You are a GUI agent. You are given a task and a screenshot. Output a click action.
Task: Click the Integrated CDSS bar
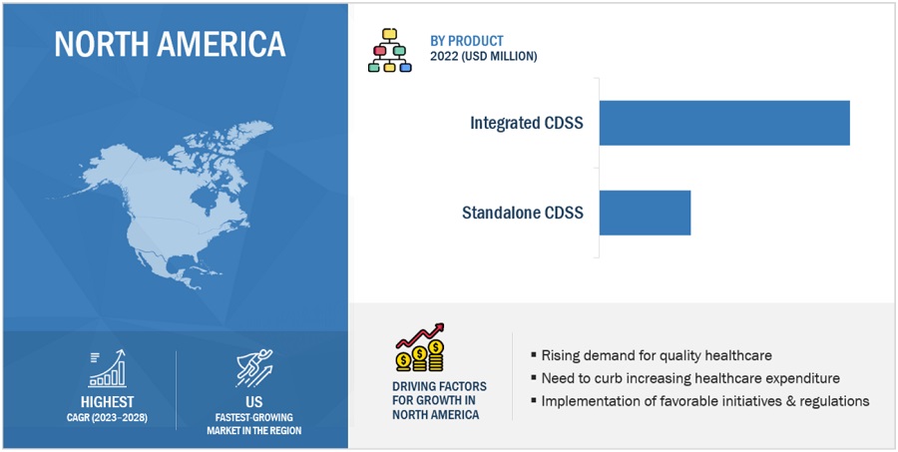724,123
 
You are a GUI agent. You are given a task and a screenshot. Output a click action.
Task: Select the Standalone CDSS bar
645,213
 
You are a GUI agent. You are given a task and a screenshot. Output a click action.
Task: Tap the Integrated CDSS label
527,123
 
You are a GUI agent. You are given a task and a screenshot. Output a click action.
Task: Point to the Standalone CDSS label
523,214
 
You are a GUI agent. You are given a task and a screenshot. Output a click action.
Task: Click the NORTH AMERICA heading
170,44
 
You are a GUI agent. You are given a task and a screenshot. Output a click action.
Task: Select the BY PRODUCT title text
467,41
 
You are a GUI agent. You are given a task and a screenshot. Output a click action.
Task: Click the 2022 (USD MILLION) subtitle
483,57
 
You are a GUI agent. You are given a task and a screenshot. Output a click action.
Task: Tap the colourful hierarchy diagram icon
389,51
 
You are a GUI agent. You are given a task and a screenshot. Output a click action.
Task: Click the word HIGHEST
107,401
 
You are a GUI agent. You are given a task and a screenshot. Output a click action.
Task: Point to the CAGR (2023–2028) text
107,418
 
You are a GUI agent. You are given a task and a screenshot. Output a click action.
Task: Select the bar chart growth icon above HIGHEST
107,369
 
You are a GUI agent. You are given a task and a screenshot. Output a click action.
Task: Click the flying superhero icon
254,368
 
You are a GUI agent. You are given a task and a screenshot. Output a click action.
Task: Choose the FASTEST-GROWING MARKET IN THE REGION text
254,424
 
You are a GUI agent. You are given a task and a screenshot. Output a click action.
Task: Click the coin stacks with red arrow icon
420,348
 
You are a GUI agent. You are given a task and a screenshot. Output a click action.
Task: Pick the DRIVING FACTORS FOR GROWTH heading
439,400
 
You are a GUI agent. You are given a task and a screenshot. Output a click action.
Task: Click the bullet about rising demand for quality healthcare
652,356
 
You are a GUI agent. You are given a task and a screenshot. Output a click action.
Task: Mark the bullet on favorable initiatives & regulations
699,401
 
